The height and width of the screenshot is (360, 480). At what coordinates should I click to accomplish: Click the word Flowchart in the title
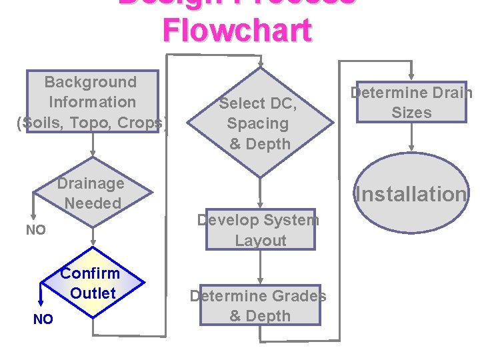point(237,31)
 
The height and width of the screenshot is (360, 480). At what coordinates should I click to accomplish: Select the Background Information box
point(92,102)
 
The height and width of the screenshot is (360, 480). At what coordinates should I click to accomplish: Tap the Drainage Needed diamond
point(91,193)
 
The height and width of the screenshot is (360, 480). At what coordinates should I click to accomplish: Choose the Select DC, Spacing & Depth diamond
point(259,123)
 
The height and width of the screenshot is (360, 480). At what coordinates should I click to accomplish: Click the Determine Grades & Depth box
point(259,306)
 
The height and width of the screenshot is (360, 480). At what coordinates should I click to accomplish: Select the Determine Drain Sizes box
point(411,102)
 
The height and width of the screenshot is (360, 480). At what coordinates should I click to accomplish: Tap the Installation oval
point(411,194)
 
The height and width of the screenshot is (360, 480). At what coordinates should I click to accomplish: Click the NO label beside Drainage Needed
point(35,231)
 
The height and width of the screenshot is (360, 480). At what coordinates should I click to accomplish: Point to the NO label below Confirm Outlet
point(43,319)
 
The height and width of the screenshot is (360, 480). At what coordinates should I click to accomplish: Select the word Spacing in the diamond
point(257,123)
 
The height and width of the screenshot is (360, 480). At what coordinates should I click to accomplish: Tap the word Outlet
point(93,293)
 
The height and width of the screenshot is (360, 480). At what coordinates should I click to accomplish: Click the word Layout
point(261,241)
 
